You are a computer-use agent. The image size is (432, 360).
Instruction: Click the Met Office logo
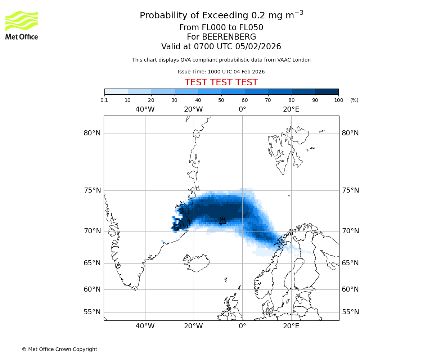point(22,25)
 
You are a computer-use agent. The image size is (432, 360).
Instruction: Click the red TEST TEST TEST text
point(221,83)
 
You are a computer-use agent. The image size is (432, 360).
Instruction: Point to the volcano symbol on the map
point(223,220)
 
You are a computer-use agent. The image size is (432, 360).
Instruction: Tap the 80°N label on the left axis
point(92,133)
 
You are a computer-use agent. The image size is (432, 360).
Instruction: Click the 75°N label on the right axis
point(350,190)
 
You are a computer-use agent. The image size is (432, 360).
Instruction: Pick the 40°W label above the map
point(145,109)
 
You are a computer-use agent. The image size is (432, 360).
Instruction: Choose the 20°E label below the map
point(291,326)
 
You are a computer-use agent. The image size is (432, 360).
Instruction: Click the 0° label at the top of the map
point(242,109)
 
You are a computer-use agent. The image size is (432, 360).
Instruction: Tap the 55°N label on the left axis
point(92,312)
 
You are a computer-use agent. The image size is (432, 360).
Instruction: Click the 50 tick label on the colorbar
point(221,100)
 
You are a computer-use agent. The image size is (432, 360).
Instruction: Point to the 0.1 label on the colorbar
point(104,100)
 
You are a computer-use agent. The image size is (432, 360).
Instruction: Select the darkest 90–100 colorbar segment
point(327,91)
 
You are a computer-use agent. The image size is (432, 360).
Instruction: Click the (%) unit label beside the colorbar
point(354,100)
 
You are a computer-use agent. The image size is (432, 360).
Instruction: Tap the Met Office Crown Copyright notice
point(59,349)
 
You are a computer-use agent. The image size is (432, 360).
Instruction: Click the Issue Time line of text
point(221,72)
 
